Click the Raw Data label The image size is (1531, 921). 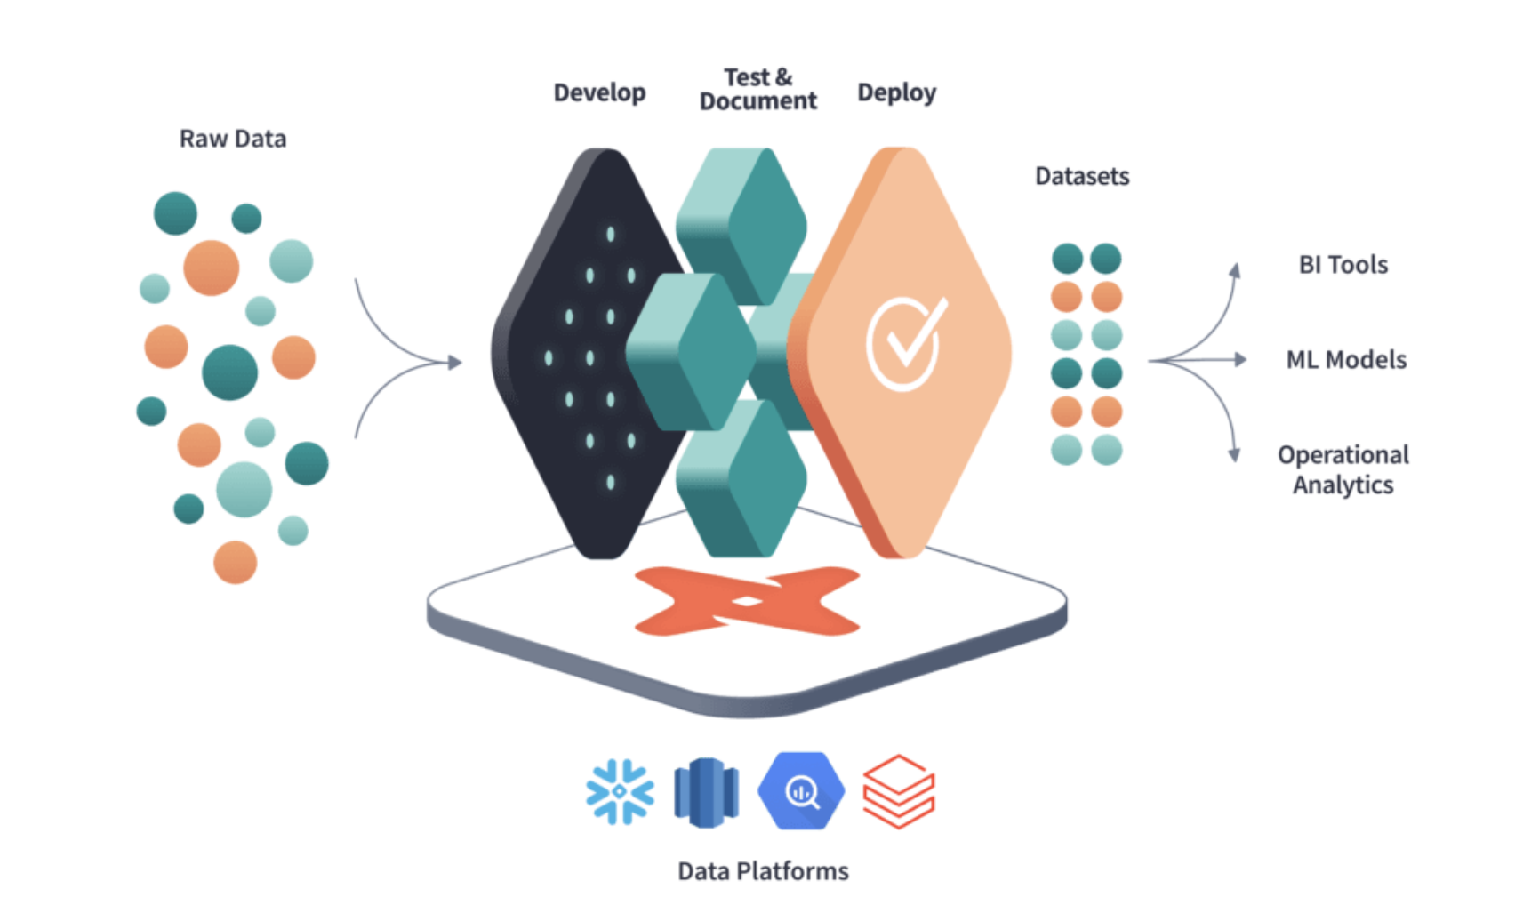click(x=233, y=139)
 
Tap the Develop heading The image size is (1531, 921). click(x=599, y=92)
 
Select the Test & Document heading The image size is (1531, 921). click(x=757, y=89)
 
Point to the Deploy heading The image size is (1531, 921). click(x=896, y=92)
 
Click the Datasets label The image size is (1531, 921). click(x=1082, y=176)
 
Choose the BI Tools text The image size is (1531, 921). click(x=1343, y=264)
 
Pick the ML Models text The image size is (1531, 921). click(x=1346, y=359)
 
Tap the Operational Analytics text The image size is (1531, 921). click(x=1343, y=469)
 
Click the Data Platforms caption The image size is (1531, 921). click(x=763, y=870)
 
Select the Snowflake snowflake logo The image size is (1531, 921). click(x=620, y=791)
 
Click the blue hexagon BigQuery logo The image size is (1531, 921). click(x=801, y=791)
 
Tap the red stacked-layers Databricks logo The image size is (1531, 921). click(x=899, y=791)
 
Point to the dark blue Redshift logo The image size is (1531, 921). click(x=706, y=791)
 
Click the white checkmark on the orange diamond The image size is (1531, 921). click(x=906, y=342)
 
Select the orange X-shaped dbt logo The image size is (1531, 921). click(x=747, y=601)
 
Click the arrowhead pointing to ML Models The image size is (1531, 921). click(x=1240, y=359)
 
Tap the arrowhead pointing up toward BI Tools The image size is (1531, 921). click(x=1235, y=270)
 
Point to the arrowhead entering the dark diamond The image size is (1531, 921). click(x=455, y=362)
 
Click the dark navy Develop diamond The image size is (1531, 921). click(x=578, y=356)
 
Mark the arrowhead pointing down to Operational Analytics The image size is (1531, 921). click(x=1234, y=455)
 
